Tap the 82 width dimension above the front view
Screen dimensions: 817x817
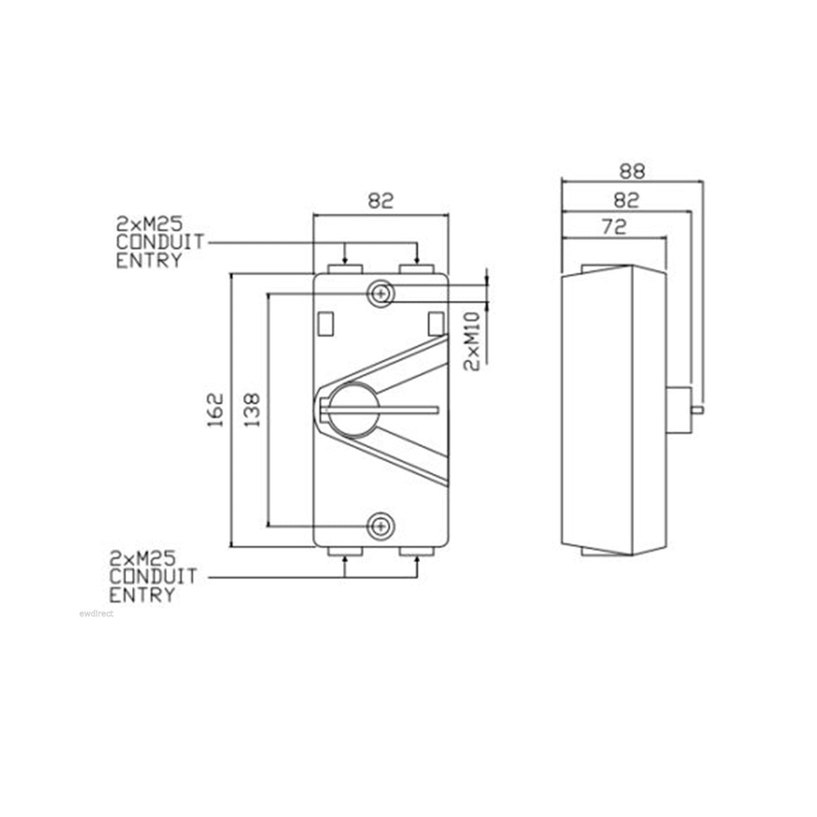(380, 201)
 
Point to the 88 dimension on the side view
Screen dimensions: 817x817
(631, 171)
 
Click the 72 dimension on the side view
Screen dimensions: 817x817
(613, 227)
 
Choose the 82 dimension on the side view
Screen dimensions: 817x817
(626, 200)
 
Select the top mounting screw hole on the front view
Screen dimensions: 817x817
(381, 294)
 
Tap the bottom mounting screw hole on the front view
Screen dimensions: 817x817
(381, 526)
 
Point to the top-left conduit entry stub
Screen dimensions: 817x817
(345, 269)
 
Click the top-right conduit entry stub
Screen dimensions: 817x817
(417, 269)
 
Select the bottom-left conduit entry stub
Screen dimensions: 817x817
(345, 552)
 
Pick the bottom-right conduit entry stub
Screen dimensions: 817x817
(417, 552)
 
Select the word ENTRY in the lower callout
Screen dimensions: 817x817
(142, 595)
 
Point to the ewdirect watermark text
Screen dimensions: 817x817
(96, 613)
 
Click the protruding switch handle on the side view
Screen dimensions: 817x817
(681, 408)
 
